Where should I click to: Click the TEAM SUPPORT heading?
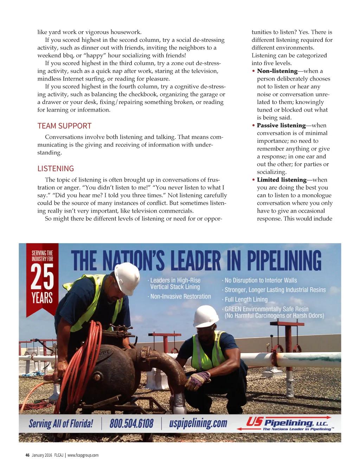(64, 126)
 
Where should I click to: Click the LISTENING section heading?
(56, 169)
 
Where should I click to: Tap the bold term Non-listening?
(277, 71)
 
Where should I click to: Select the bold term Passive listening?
(281, 125)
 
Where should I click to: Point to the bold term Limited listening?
(282, 180)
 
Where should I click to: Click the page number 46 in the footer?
(27, 455)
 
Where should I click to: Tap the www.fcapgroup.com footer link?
(83, 455)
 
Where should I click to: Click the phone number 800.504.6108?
(131, 423)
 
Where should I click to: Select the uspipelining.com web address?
(198, 423)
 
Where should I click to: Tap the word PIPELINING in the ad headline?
(284, 261)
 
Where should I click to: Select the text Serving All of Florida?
(61, 423)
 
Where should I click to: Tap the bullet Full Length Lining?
(246, 299)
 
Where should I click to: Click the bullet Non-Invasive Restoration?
(180, 297)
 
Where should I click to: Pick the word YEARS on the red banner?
(42, 298)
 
